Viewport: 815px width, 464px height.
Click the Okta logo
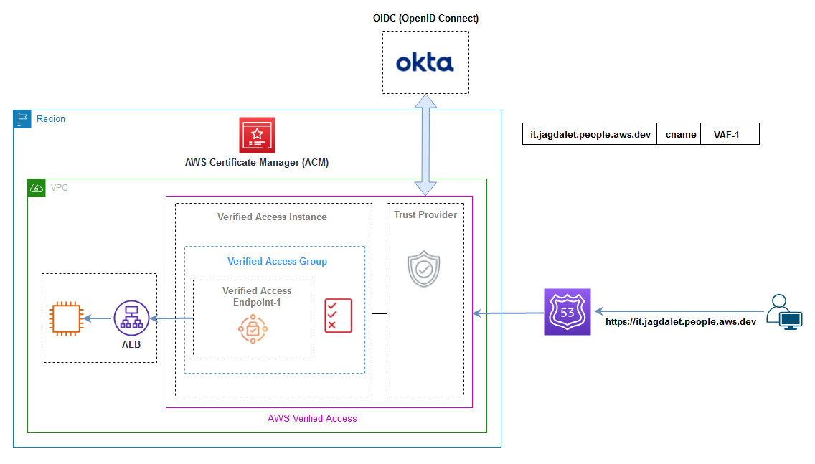click(x=425, y=62)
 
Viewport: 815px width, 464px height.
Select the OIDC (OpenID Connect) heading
click(x=425, y=18)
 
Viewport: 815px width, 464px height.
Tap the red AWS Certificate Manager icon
click(x=257, y=136)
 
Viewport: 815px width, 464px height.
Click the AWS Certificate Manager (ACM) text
click(x=257, y=163)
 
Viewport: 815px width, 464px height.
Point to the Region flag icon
click(x=22, y=119)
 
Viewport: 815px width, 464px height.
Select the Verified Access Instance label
click(x=272, y=217)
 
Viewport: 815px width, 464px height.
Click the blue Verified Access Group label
click(x=277, y=261)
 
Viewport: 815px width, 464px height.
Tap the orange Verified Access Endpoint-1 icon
click(x=253, y=329)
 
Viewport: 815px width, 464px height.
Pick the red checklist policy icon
click(x=338, y=316)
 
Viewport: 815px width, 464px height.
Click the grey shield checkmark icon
click(x=424, y=269)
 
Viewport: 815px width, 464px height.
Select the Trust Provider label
click(x=425, y=214)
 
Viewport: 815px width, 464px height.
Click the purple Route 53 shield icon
click(x=567, y=313)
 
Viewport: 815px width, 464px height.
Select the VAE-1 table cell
click(x=729, y=134)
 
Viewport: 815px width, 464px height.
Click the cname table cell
click(x=678, y=134)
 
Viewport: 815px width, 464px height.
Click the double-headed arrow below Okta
click(x=425, y=145)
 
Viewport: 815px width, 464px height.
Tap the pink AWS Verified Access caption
click(x=312, y=418)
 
